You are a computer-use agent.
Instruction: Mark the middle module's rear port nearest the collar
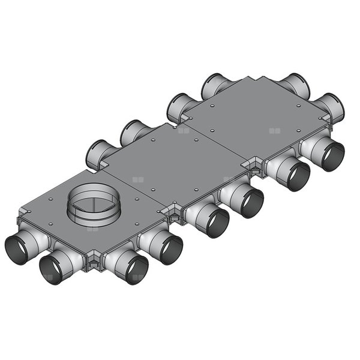pos(97,155)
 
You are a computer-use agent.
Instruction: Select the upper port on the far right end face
pos(297,86)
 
